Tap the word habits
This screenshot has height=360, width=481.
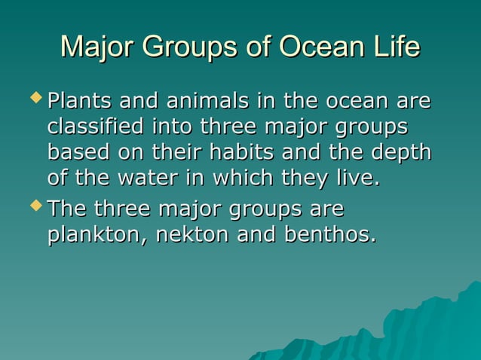[x=239, y=152]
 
